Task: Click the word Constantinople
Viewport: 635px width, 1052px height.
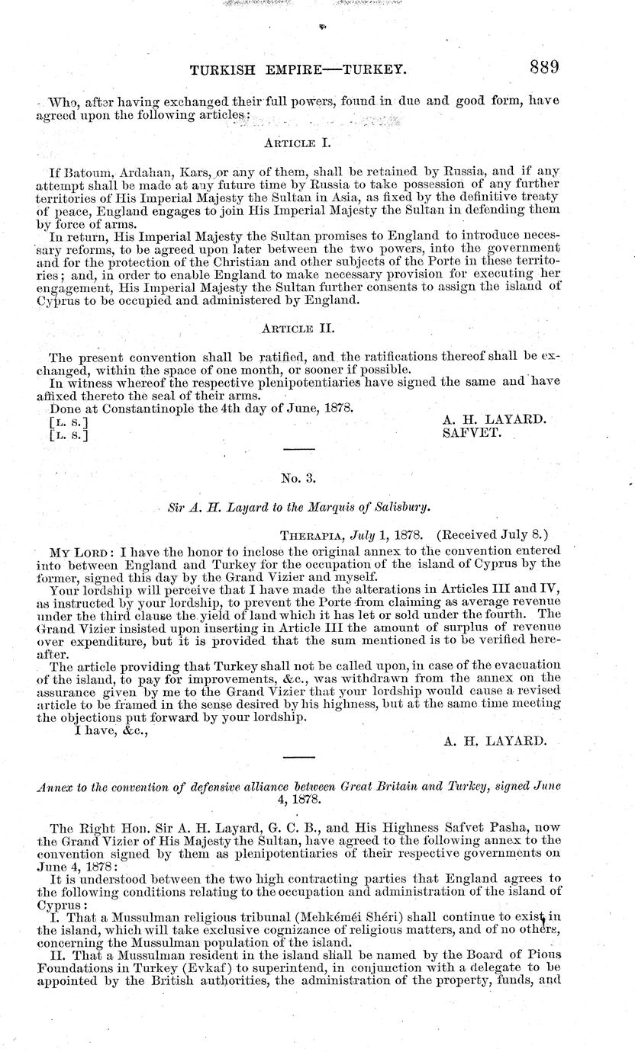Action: point(134,408)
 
